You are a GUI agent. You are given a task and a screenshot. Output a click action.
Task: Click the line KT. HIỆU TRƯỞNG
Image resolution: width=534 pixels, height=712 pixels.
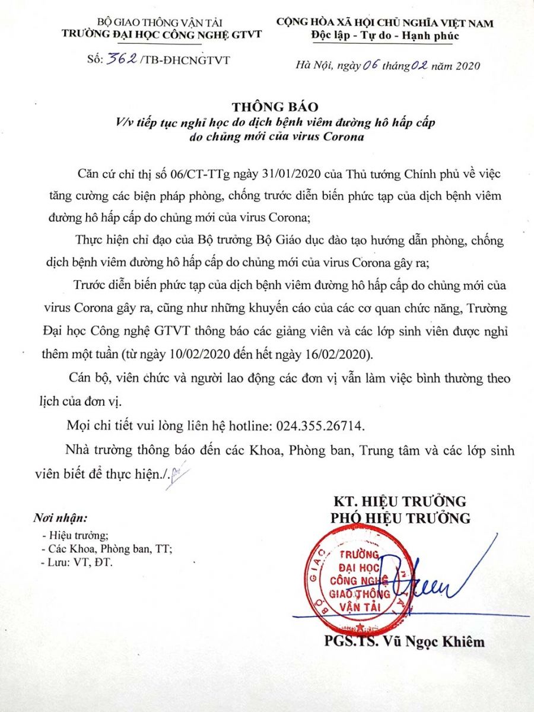tap(400, 501)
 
